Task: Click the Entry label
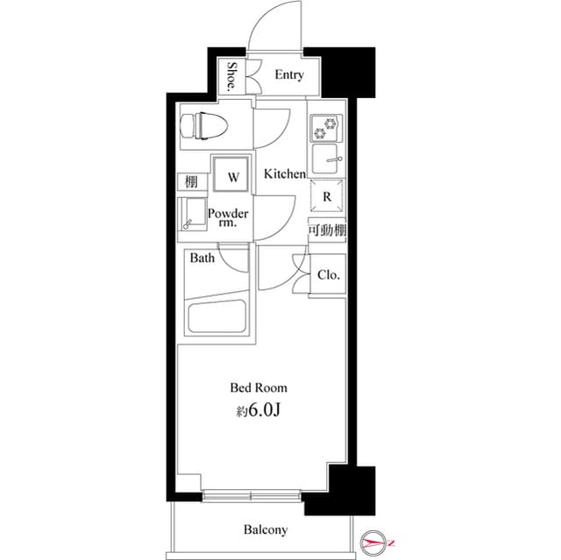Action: [288, 75]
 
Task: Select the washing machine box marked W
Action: [232, 176]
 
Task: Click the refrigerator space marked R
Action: [326, 197]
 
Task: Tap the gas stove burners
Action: [326, 129]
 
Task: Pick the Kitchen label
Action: [285, 174]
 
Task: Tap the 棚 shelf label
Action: [190, 182]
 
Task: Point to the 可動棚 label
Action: [326, 230]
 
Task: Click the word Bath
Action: [202, 259]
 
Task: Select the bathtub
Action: [215, 316]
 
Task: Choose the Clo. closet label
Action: [329, 275]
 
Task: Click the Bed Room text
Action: [259, 386]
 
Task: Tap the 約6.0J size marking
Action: [259, 409]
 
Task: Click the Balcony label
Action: [265, 529]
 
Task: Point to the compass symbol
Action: [376, 544]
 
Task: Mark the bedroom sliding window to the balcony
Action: [252, 497]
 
